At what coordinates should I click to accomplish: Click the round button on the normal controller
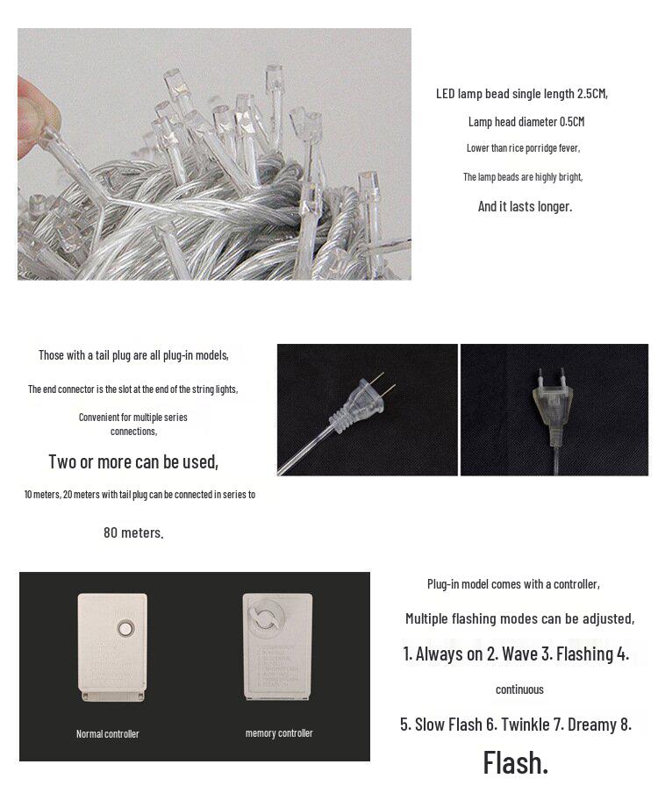coord(125,630)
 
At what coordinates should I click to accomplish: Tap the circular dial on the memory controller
coord(264,618)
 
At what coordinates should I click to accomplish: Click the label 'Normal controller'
coord(108,733)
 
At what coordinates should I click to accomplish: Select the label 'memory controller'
coord(279,732)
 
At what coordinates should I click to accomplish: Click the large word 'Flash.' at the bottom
coord(515,762)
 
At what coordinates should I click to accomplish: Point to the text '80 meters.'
coord(133,532)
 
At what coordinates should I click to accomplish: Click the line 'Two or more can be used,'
coord(133,461)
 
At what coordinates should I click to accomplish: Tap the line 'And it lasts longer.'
coord(524,206)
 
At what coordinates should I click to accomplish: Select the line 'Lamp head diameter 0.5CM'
coord(526,122)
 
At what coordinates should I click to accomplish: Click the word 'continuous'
coord(519,689)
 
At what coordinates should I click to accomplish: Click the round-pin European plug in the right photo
coord(550,404)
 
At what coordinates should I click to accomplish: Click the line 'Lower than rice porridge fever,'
coord(523,148)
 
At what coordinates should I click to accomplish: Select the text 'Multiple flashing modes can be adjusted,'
coord(519,618)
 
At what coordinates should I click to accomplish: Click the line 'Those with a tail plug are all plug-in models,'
coord(133,355)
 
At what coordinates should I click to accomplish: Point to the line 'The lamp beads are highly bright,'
coord(523,177)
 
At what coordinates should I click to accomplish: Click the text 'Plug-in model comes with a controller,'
coord(513,584)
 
